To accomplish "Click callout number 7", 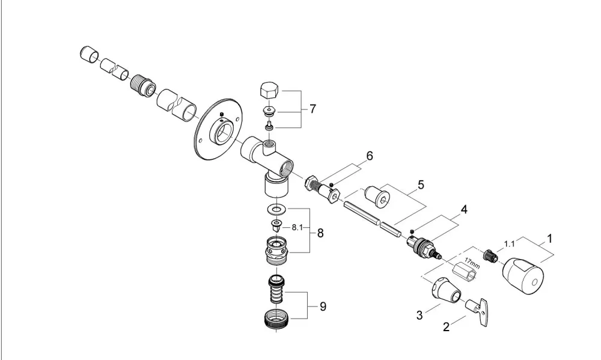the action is [313, 109].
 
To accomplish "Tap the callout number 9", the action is [323, 307].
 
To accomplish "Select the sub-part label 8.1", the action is [297, 227].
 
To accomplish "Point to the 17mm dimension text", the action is [472, 264].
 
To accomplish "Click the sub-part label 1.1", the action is [510, 243].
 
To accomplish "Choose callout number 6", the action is [370, 156].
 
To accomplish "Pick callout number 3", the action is [419, 316].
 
